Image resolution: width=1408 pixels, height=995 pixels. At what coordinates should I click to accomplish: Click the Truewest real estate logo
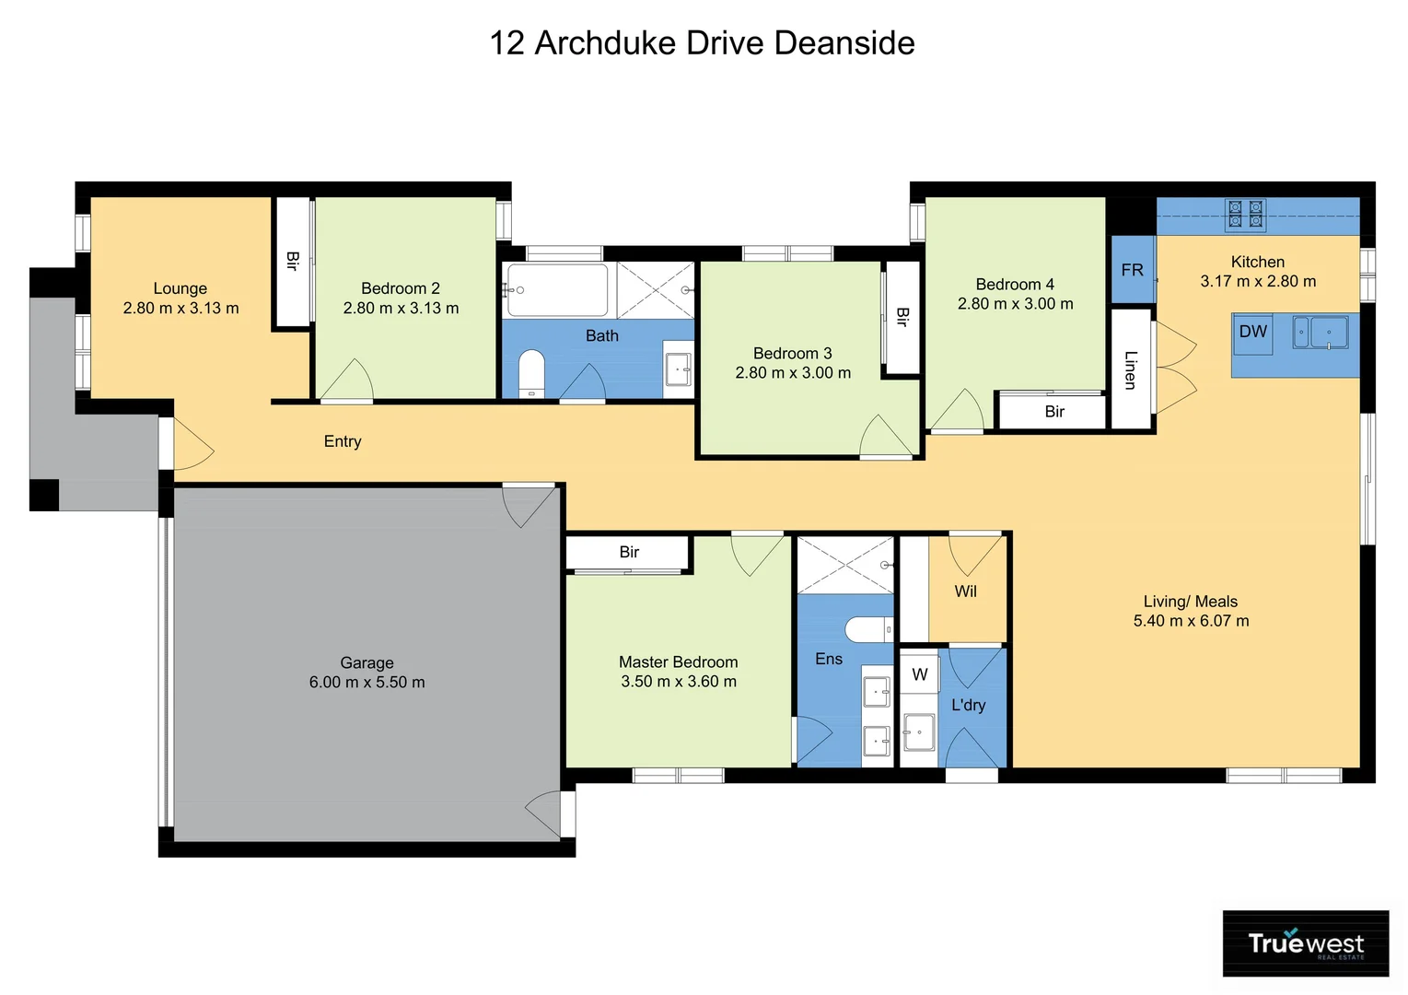pos(1305,943)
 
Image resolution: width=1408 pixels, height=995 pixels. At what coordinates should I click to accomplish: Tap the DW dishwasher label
pos(1252,332)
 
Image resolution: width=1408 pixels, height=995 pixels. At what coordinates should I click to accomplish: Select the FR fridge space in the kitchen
pos(1132,270)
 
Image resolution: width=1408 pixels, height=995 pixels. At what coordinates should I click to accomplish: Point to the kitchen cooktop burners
pos(1245,215)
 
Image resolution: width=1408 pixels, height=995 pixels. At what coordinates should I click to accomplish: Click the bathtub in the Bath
pos(556,290)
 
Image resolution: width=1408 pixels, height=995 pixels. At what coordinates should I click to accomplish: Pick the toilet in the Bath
pos(531,373)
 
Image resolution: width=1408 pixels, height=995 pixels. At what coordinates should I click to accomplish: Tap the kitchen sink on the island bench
pos(1321,332)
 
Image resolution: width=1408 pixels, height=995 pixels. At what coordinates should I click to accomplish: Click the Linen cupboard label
pos(1131,369)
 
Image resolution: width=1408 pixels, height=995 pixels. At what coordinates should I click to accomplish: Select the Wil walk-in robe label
pos(965,591)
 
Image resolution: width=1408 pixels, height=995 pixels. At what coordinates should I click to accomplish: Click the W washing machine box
pos(919,675)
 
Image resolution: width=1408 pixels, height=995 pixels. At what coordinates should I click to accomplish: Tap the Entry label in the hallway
pos(343,441)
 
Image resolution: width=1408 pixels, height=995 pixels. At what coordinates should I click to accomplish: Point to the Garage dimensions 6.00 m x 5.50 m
pos(367,683)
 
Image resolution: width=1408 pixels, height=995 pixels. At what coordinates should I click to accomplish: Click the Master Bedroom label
pos(678,661)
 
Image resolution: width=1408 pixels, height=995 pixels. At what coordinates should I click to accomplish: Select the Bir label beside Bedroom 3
pos(902,317)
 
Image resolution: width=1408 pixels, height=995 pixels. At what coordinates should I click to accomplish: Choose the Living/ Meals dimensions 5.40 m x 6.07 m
pos(1191,621)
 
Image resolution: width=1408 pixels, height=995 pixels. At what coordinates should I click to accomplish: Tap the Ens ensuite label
pos(829,659)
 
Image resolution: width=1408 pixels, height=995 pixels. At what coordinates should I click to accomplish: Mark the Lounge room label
pos(180,288)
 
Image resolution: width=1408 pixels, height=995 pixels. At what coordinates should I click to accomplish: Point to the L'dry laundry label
pos(968,705)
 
